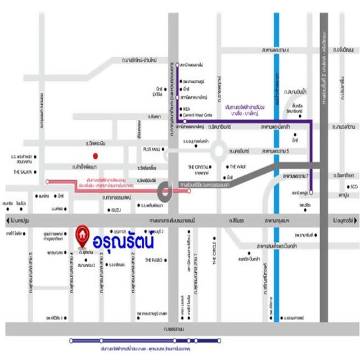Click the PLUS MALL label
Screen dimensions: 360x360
point(152,149)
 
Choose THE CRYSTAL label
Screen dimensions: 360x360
point(199,168)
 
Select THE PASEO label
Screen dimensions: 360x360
point(153,260)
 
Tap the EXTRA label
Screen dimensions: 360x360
point(157,94)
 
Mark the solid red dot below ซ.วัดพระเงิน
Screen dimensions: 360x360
point(96,156)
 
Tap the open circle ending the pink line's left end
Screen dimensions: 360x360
point(47,181)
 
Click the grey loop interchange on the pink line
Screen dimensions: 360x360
point(165,192)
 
